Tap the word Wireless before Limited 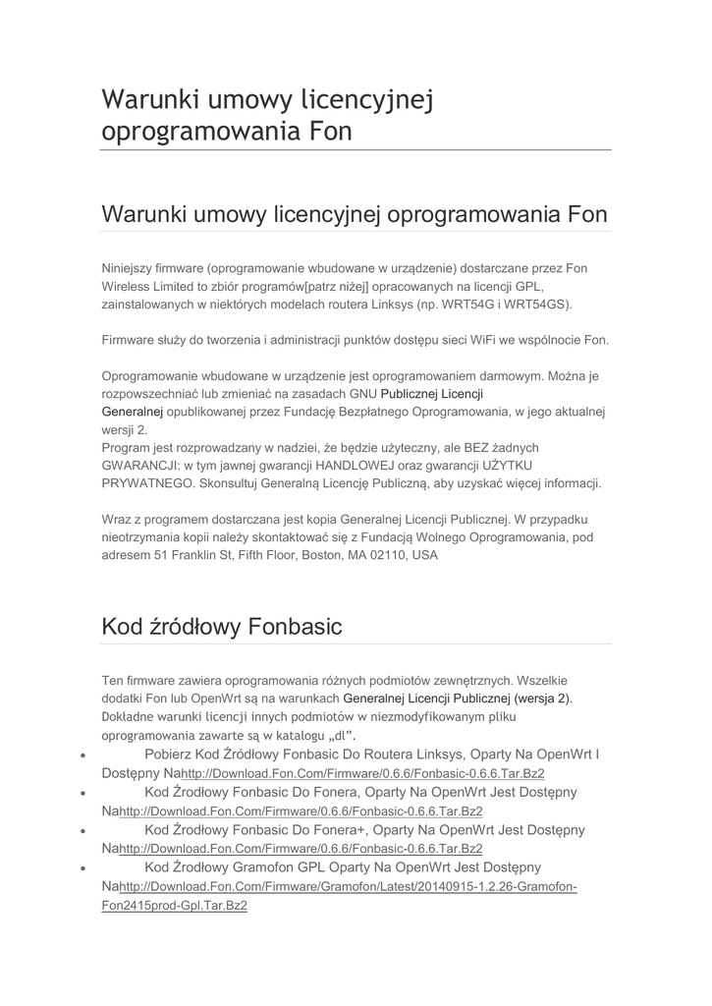pos(129,286)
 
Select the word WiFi pos(476,340)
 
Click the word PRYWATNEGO pos(148,483)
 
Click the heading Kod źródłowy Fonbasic pos(222,627)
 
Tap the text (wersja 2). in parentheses pos(543,698)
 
